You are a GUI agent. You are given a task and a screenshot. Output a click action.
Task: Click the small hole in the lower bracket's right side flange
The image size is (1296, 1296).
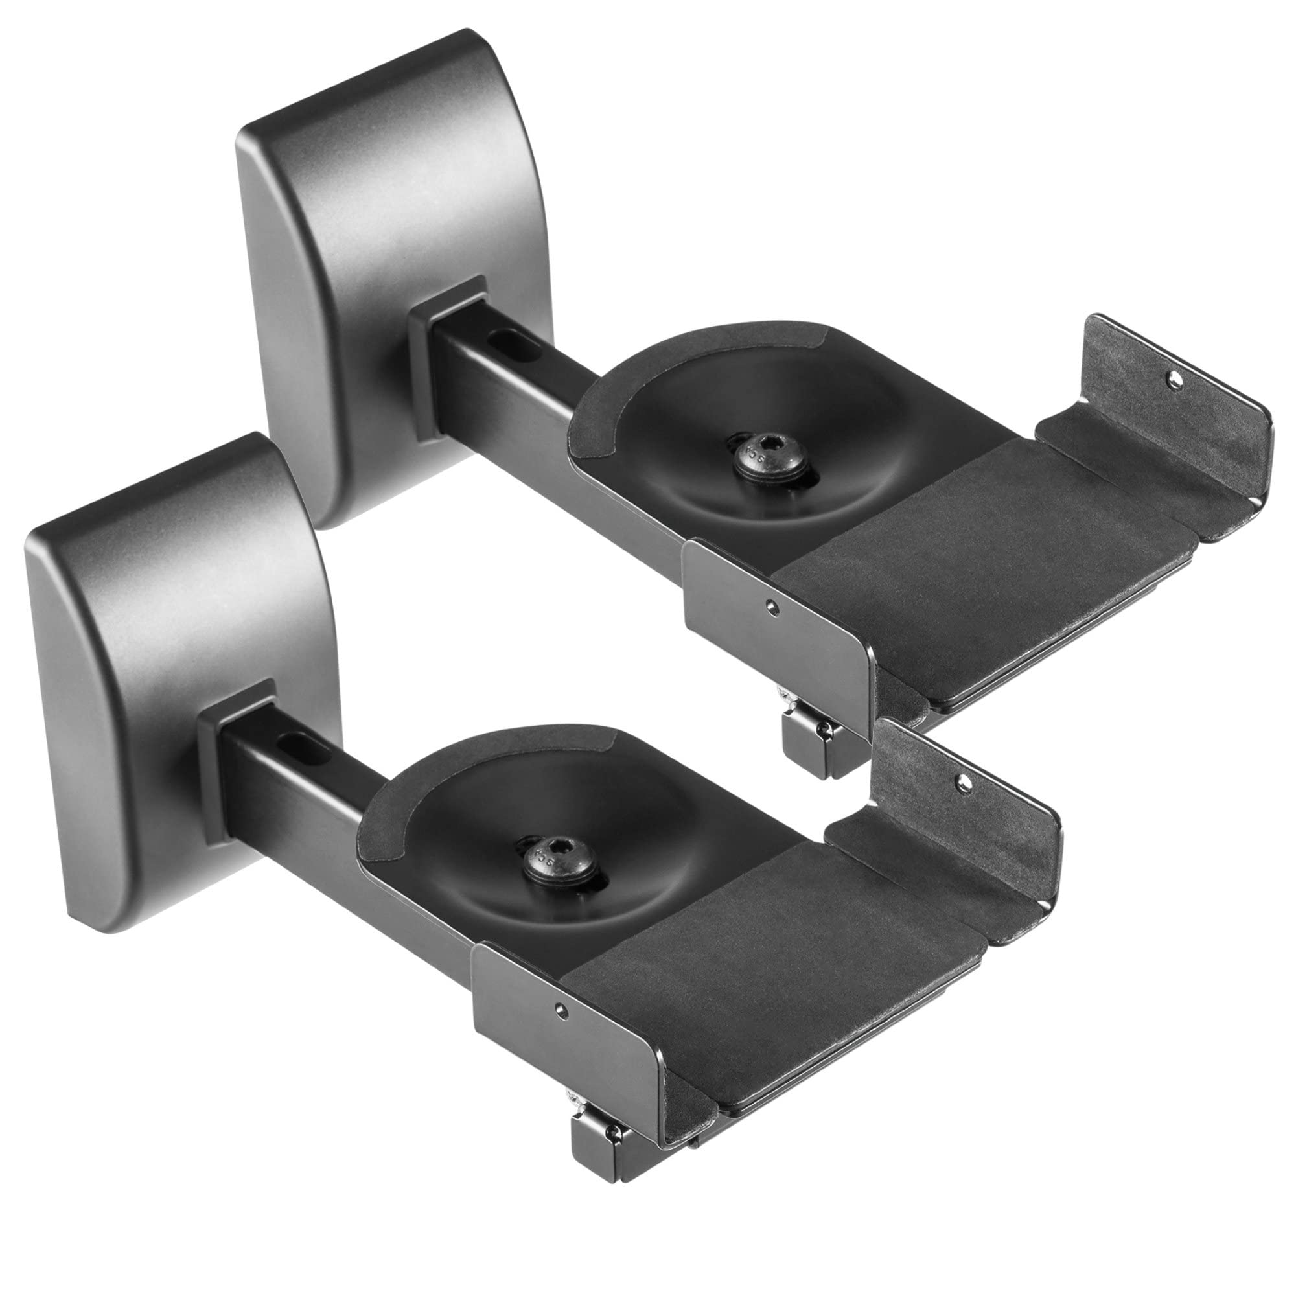click(x=964, y=781)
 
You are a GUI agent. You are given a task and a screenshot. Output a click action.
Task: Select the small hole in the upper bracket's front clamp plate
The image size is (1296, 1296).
click(x=774, y=608)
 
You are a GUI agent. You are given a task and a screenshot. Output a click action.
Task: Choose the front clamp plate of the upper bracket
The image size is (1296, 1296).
click(x=778, y=631)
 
